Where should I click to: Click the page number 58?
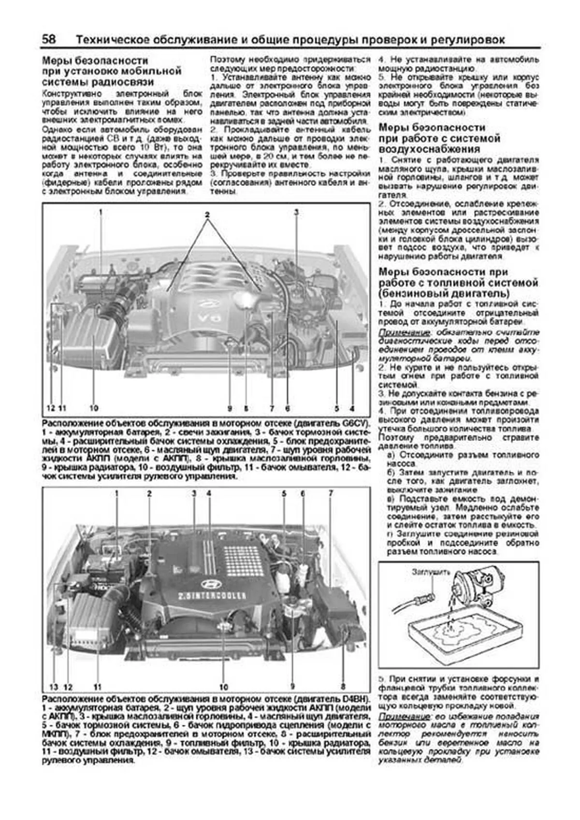click(x=49, y=39)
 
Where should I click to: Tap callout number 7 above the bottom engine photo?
click(x=331, y=493)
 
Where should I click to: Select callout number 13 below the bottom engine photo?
click(x=54, y=687)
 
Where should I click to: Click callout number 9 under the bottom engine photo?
click(x=292, y=686)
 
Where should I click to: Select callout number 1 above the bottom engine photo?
click(x=116, y=493)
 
